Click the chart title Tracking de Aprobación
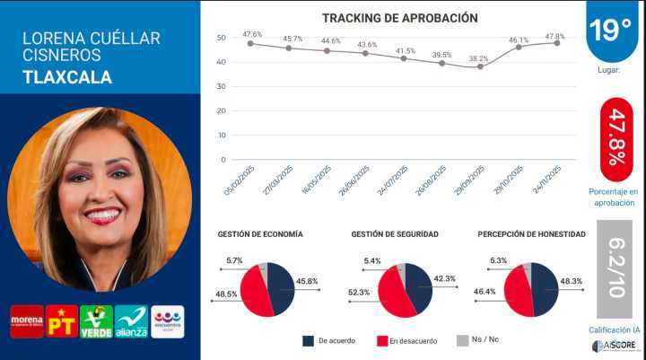click(x=399, y=18)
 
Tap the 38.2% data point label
click(x=480, y=59)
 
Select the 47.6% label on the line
click(x=252, y=34)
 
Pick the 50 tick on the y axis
click(x=221, y=38)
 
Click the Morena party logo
click(x=27, y=320)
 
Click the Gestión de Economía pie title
click(x=260, y=234)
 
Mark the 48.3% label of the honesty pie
click(x=572, y=281)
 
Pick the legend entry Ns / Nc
click(x=487, y=341)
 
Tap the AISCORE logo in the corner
click(x=615, y=347)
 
